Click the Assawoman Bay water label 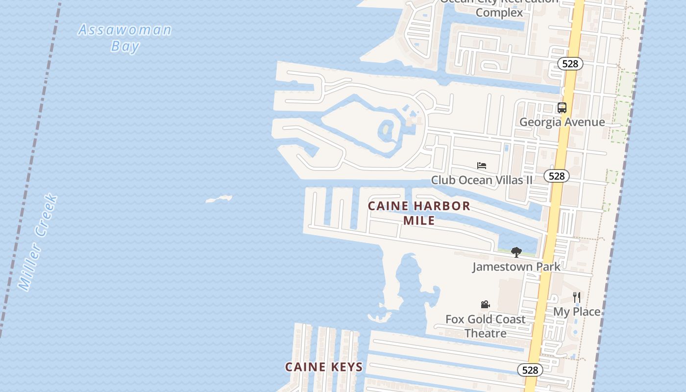pyautogui.click(x=125, y=37)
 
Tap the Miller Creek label pyautogui.click(x=38, y=243)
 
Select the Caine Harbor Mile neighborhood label pyautogui.click(x=419, y=213)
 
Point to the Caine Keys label pyautogui.click(x=324, y=367)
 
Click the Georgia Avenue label pyautogui.click(x=562, y=122)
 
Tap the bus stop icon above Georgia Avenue pyautogui.click(x=562, y=108)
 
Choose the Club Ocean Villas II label pyautogui.click(x=482, y=180)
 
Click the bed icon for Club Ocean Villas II pyautogui.click(x=482, y=166)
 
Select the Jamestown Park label pyautogui.click(x=516, y=267)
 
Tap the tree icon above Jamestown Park pyautogui.click(x=516, y=252)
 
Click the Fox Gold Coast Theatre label pyautogui.click(x=485, y=326)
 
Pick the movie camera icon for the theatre pyautogui.click(x=485, y=305)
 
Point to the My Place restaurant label pyautogui.click(x=577, y=312)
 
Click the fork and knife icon pyautogui.click(x=577, y=297)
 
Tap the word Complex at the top pyautogui.click(x=499, y=12)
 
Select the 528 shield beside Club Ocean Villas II pyautogui.click(x=557, y=176)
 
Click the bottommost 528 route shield pyautogui.click(x=530, y=370)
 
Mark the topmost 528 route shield pyautogui.click(x=570, y=64)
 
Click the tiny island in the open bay pyautogui.click(x=219, y=198)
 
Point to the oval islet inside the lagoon pyautogui.click(x=387, y=130)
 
